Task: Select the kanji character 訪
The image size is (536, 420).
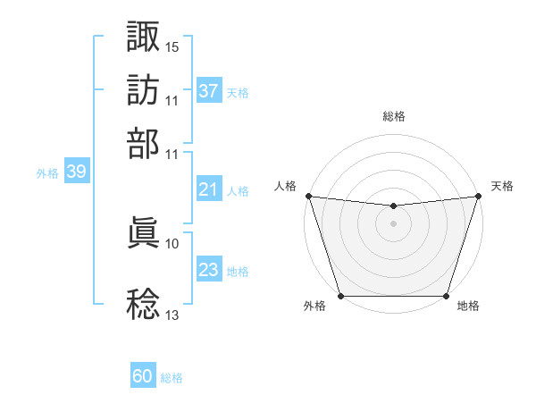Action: point(144,90)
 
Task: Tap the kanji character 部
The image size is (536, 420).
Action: point(144,143)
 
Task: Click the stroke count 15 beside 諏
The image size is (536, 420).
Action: point(172,46)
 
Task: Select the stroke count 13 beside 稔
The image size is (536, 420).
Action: point(172,315)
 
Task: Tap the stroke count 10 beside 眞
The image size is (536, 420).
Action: point(172,243)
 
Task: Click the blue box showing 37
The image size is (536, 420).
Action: point(209,91)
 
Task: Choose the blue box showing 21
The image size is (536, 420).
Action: point(209,189)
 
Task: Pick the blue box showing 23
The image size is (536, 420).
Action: point(209,270)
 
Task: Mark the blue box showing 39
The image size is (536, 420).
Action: point(76,172)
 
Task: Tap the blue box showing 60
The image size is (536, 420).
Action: point(143,377)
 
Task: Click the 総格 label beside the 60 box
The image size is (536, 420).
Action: point(172,379)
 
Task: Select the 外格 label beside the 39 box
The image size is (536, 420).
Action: point(47,173)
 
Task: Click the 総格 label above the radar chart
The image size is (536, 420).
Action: point(394,116)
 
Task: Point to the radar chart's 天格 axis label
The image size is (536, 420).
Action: point(503,186)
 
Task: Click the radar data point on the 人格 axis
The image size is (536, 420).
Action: point(308,196)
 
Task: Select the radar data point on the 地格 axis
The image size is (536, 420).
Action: point(446,296)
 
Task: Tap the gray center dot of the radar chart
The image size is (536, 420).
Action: point(394,223)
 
